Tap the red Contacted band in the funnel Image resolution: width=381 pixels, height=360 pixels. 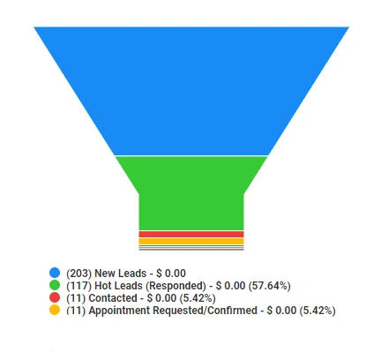191,234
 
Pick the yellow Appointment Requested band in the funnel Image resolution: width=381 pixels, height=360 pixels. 191,241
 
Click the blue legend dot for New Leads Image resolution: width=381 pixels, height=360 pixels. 55,273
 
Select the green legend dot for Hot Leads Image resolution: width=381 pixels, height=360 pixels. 55,285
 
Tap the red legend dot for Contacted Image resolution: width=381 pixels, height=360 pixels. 55,297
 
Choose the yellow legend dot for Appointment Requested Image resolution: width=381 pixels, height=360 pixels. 55,310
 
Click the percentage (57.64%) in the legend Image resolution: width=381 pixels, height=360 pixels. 270,286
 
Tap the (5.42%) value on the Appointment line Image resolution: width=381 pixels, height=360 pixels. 317,311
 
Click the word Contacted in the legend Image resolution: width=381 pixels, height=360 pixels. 113,298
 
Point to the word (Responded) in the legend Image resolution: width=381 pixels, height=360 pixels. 176,286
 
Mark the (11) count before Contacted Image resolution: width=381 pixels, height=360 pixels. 76,298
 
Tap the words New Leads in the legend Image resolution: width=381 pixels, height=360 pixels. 121,274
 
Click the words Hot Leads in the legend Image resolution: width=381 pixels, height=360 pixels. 118,286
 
